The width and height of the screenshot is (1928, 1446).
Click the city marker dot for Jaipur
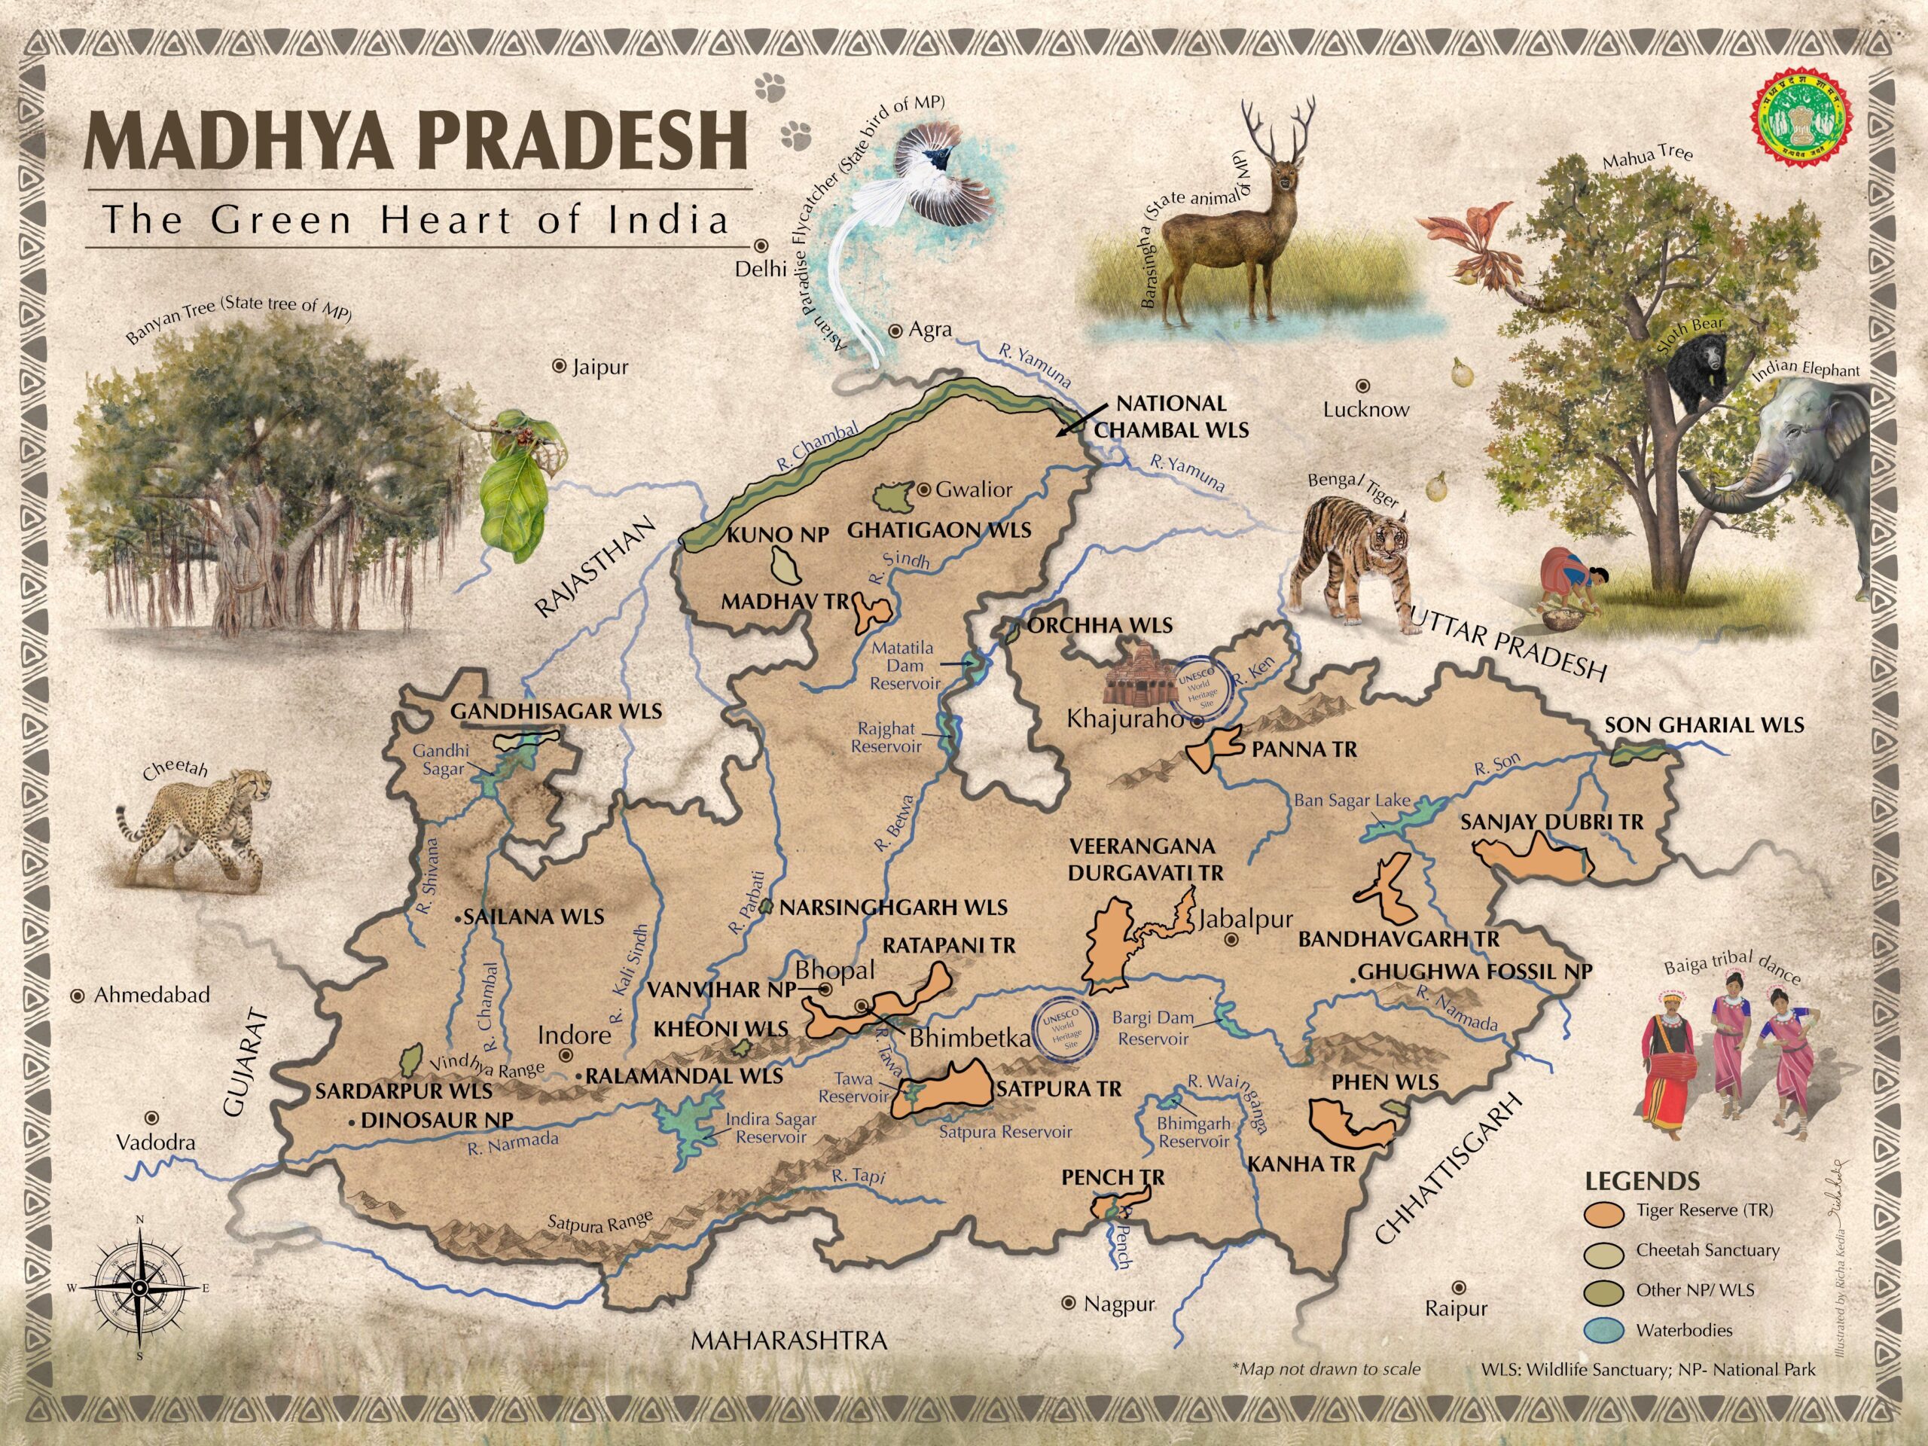560,367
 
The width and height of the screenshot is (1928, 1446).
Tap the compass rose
139,1287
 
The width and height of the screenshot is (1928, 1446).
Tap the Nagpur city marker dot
1068,1303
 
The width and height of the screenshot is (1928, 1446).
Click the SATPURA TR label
1058,1088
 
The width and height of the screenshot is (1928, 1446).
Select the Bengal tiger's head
1383,541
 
